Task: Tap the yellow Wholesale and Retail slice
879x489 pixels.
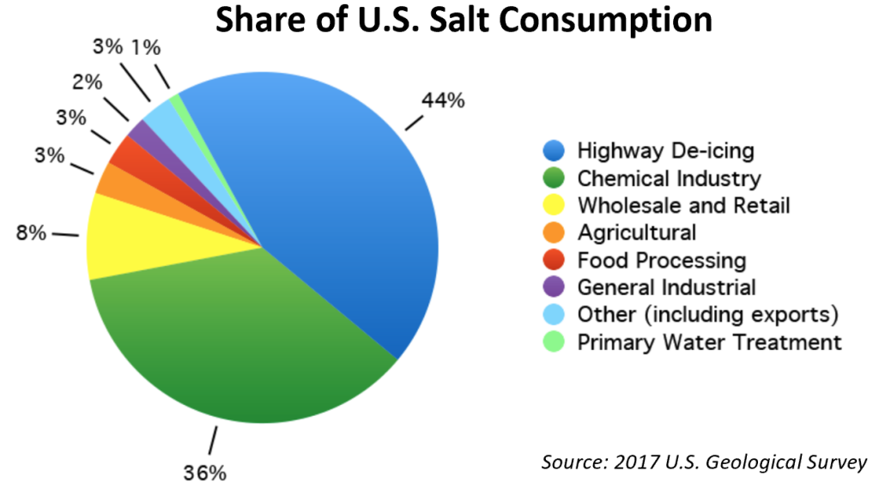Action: [129, 236]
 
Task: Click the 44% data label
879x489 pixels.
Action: [443, 100]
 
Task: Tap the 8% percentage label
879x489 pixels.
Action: [31, 232]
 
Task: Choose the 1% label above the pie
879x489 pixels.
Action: [145, 47]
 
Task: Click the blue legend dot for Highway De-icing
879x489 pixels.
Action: [554, 152]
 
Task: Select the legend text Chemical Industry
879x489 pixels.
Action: [669, 179]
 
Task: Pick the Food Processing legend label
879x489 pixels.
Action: [661, 260]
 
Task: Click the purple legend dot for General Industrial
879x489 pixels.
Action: [554, 287]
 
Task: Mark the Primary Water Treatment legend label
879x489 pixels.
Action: [709, 342]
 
